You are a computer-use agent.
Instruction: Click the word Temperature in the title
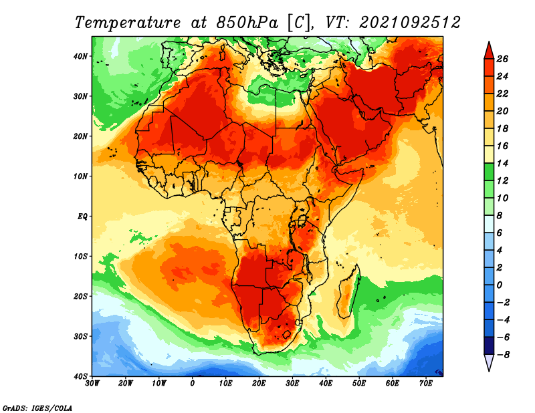click(127, 23)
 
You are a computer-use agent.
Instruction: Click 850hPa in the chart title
click(247, 23)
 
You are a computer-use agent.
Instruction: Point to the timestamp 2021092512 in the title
click(409, 23)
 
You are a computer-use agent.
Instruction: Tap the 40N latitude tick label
click(80, 56)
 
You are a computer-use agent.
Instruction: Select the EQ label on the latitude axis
click(82, 217)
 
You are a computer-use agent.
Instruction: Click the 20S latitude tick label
click(80, 296)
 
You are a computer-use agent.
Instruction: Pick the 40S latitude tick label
click(80, 376)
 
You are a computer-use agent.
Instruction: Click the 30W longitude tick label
click(92, 384)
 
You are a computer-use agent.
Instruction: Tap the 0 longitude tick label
click(193, 384)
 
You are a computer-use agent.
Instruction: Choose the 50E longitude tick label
click(359, 384)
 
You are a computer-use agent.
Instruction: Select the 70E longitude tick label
click(426, 384)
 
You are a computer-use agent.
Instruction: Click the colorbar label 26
click(502, 59)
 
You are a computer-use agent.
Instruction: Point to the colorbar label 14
click(502, 163)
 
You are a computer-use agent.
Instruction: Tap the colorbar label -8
click(502, 355)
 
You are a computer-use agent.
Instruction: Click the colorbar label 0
click(500, 285)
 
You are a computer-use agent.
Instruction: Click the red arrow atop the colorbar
click(489, 51)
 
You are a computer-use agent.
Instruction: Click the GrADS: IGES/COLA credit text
click(37, 408)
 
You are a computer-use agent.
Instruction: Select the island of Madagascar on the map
click(348, 291)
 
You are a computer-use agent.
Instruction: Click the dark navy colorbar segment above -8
click(489, 346)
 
